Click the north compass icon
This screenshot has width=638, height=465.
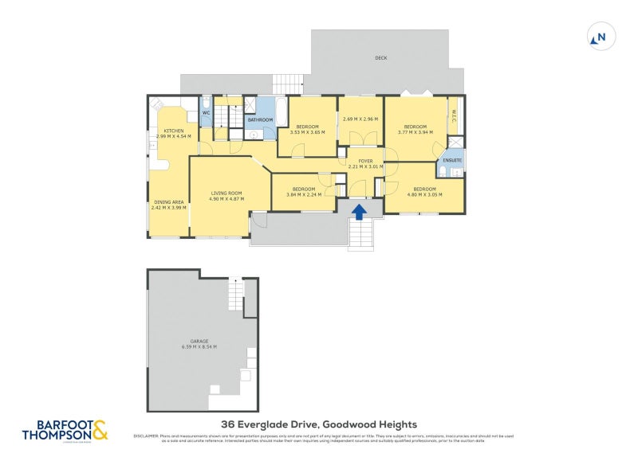tap(599, 37)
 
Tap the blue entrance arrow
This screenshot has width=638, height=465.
tap(360, 211)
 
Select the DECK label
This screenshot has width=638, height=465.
tap(381, 58)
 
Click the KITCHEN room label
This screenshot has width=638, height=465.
tap(174, 131)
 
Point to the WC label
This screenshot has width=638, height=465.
tap(205, 113)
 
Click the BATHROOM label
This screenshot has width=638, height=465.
tap(260, 120)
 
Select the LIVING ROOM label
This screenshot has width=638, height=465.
tap(226, 193)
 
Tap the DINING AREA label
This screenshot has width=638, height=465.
tap(168, 202)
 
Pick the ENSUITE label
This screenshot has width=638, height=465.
tap(451, 159)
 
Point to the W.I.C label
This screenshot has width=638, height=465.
tap(453, 113)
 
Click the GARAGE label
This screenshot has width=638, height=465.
tap(199, 341)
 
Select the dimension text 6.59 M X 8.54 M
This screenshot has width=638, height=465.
tap(199, 347)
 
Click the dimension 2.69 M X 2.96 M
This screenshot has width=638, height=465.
tap(360, 119)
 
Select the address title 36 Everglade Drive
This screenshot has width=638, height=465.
tap(318, 425)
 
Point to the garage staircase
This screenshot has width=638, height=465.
tap(234, 294)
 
